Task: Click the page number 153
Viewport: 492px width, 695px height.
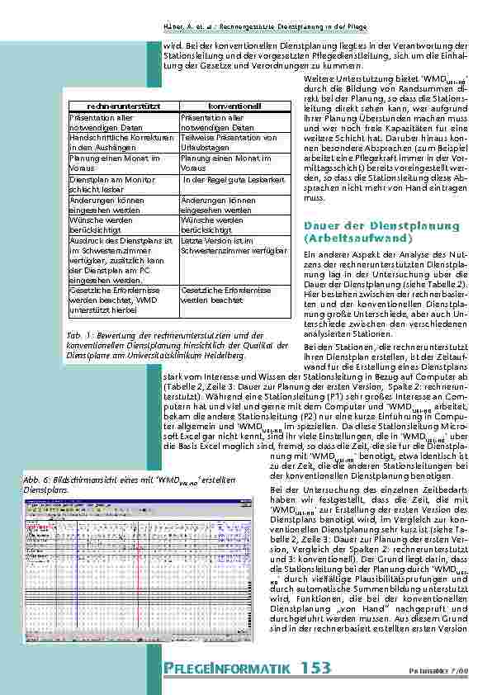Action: point(317,666)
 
